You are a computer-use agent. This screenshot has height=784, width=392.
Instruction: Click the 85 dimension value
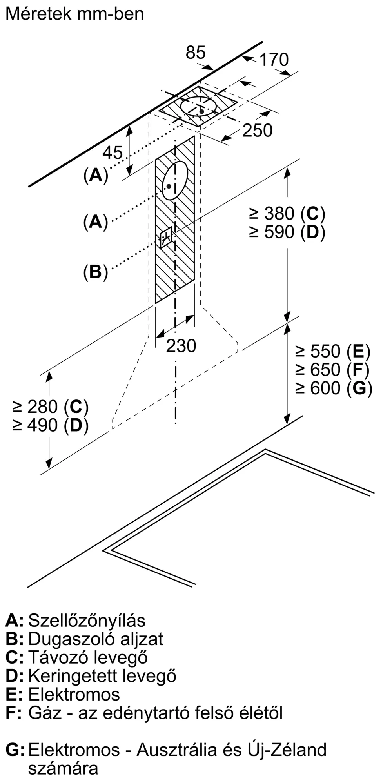pyautogui.click(x=196, y=53)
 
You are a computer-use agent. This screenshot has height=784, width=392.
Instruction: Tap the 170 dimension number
pyautogui.click(x=274, y=60)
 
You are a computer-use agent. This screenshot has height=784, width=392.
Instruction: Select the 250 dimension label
pyautogui.click(x=257, y=131)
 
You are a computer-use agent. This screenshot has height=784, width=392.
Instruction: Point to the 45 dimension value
pyautogui.click(x=113, y=152)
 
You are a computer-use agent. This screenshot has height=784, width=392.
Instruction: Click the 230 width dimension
pyautogui.click(x=181, y=346)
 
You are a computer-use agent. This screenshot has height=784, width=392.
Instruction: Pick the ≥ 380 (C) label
pyautogui.click(x=287, y=214)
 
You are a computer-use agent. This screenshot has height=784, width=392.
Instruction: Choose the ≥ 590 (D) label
pyautogui.click(x=287, y=232)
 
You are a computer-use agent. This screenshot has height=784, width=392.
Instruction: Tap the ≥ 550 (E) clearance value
pyautogui.click(x=333, y=351)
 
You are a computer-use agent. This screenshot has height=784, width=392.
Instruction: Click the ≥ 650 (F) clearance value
pyautogui.click(x=333, y=370)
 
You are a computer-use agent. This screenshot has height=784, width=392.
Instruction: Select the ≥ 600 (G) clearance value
pyautogui.click(x=334, y=388)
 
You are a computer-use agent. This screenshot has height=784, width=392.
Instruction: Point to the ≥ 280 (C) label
pyautogui.click(x=51, y=407)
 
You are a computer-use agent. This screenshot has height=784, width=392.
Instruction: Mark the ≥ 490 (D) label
pyautogui.click(x=51, y=425)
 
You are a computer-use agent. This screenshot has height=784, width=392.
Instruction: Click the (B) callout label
pyautogui.click(x=95, y=272)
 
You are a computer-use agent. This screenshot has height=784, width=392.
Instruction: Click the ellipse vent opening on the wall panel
pyautogui.click(x=175, y=180)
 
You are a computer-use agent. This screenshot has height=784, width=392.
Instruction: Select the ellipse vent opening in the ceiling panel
pyautogui.click(x=199, y=106)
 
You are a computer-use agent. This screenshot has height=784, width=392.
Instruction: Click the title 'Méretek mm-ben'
pyautogui.click(x=74, y=14)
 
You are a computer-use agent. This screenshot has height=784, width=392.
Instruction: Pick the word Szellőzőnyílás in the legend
pyautogui.click(x=87, y=621)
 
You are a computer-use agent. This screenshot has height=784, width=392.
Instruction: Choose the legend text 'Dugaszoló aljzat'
pyautogui.click(x=95, y=639)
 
